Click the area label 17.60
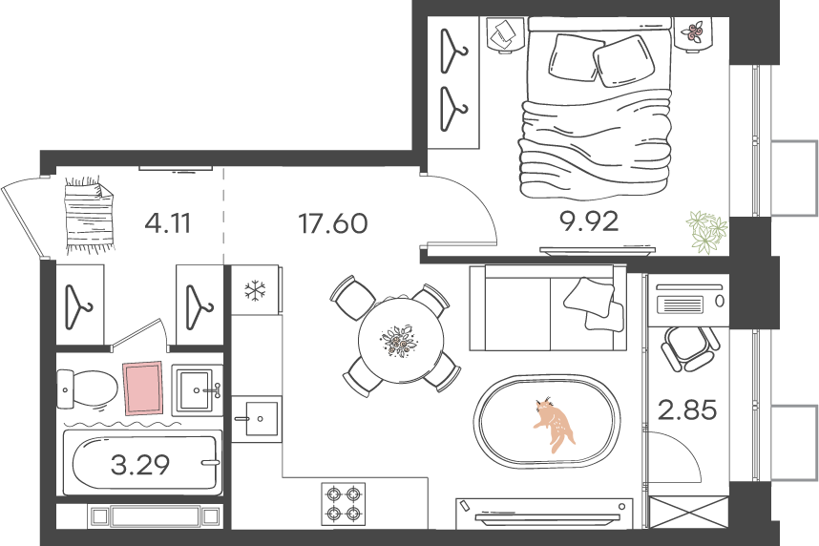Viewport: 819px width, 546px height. (333, 223)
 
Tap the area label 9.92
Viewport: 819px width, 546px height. (589, 221)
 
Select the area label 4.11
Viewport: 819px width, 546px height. (168, 223)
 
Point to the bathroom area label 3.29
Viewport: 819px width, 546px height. (140, 465)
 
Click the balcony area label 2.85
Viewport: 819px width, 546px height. (687, 410)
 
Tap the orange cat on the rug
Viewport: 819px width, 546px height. (555, 423)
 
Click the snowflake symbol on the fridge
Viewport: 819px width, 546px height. (255, 291)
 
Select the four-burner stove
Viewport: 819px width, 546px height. (344, 503)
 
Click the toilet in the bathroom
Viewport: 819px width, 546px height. (87, 388)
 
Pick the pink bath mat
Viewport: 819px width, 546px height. (142, 388)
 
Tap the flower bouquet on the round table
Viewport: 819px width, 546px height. (400, 341)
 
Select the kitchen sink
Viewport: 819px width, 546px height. (257, 418)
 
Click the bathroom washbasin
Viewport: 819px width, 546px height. (198, 389)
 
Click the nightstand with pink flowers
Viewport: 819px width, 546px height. (693, 34)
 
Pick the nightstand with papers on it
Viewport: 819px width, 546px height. (505, 35)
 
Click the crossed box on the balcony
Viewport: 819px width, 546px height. (688, 514)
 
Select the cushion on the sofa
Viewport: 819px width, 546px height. (588, 296)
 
